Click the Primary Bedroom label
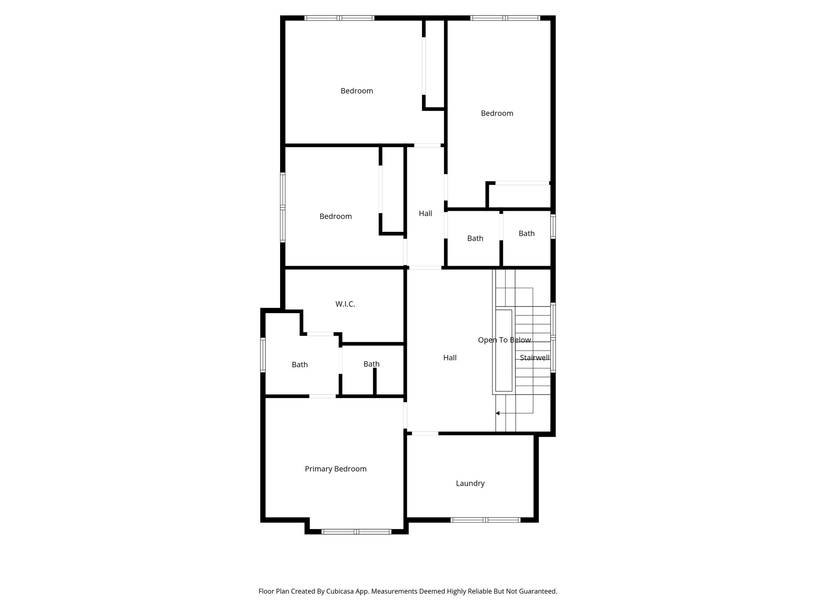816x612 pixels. [335, 469]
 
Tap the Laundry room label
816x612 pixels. [470, 483]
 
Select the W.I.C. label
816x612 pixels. [345, 304]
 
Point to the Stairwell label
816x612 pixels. [535, 358]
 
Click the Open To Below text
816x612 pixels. [504, 340]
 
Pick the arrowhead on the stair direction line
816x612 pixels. [498, 413]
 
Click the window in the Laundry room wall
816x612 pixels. [485, 520]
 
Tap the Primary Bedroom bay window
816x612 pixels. [356, 531]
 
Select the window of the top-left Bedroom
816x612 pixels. [339, 18]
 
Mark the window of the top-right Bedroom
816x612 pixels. [505, 18]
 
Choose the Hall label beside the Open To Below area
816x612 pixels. [450, 358]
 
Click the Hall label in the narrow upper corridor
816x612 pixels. [425, 214]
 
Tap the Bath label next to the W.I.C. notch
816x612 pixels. [300, 365]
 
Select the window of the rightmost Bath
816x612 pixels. [553, 226]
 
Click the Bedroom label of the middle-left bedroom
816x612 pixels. [335, 216]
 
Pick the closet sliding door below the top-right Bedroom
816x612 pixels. [522, 183]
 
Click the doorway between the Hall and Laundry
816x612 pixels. [425, 433]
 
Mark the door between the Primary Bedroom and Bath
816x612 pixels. [322, 396]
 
